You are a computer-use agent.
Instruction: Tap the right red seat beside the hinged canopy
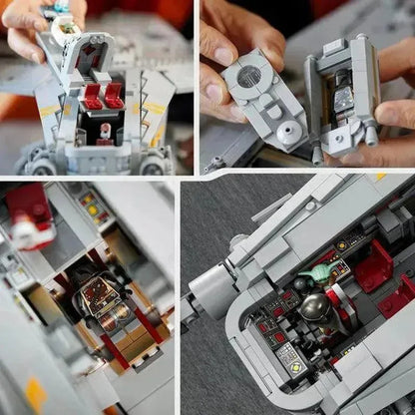point(114,96)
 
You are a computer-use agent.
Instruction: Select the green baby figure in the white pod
point(66,27)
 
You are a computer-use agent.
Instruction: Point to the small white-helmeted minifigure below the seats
point(103,131)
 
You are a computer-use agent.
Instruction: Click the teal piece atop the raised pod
point(59,7)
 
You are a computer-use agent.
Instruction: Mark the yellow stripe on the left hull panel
point(48,108)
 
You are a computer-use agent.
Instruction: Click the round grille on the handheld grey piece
point(250,76)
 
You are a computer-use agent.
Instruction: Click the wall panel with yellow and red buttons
point(92,207)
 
